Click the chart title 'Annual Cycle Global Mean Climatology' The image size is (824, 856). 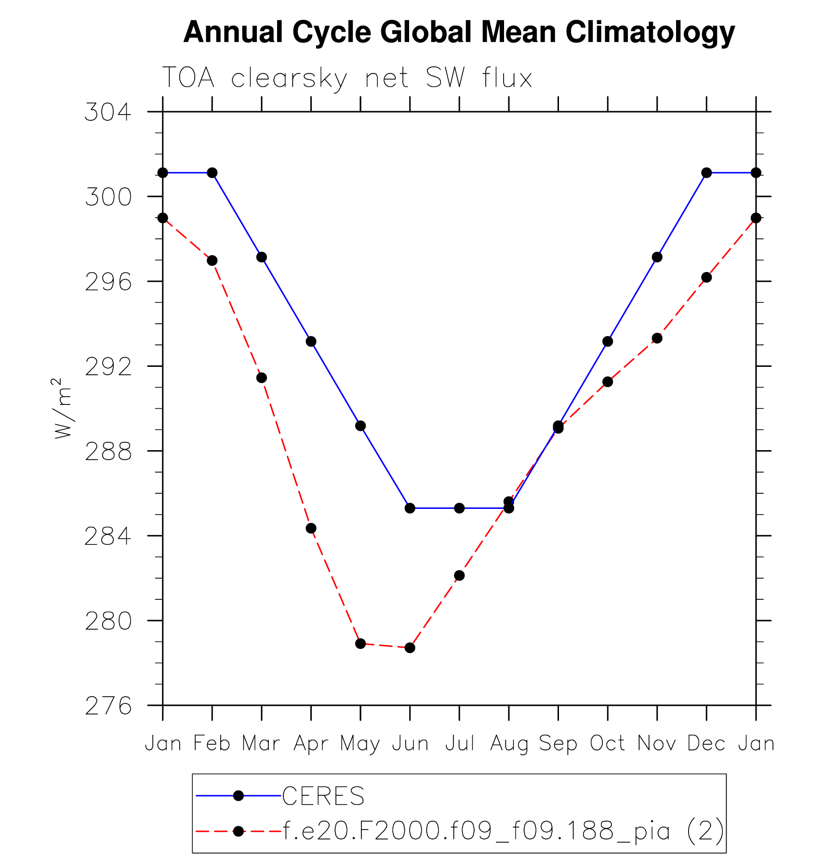point(459,33)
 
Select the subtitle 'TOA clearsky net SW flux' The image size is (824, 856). point(347,78)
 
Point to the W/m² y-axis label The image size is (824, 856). point(63,408)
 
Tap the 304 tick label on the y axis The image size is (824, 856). point(108,112)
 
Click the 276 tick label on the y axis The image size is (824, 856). point(108,706)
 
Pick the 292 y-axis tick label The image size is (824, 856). point(108,367)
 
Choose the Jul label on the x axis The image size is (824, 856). point(459,744)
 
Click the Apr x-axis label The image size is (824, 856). point(311,744)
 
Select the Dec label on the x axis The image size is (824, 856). point(706,744)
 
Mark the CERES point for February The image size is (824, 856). point(212,172)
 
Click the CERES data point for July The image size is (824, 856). point(459,508)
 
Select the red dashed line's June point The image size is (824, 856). point(410,648)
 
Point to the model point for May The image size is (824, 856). point(360,643)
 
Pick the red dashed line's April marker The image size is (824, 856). point(311,528)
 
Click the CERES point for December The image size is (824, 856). point(706,172)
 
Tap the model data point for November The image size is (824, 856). point(657,338)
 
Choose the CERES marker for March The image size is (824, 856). point(262,257)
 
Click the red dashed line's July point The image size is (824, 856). point(459,575)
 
